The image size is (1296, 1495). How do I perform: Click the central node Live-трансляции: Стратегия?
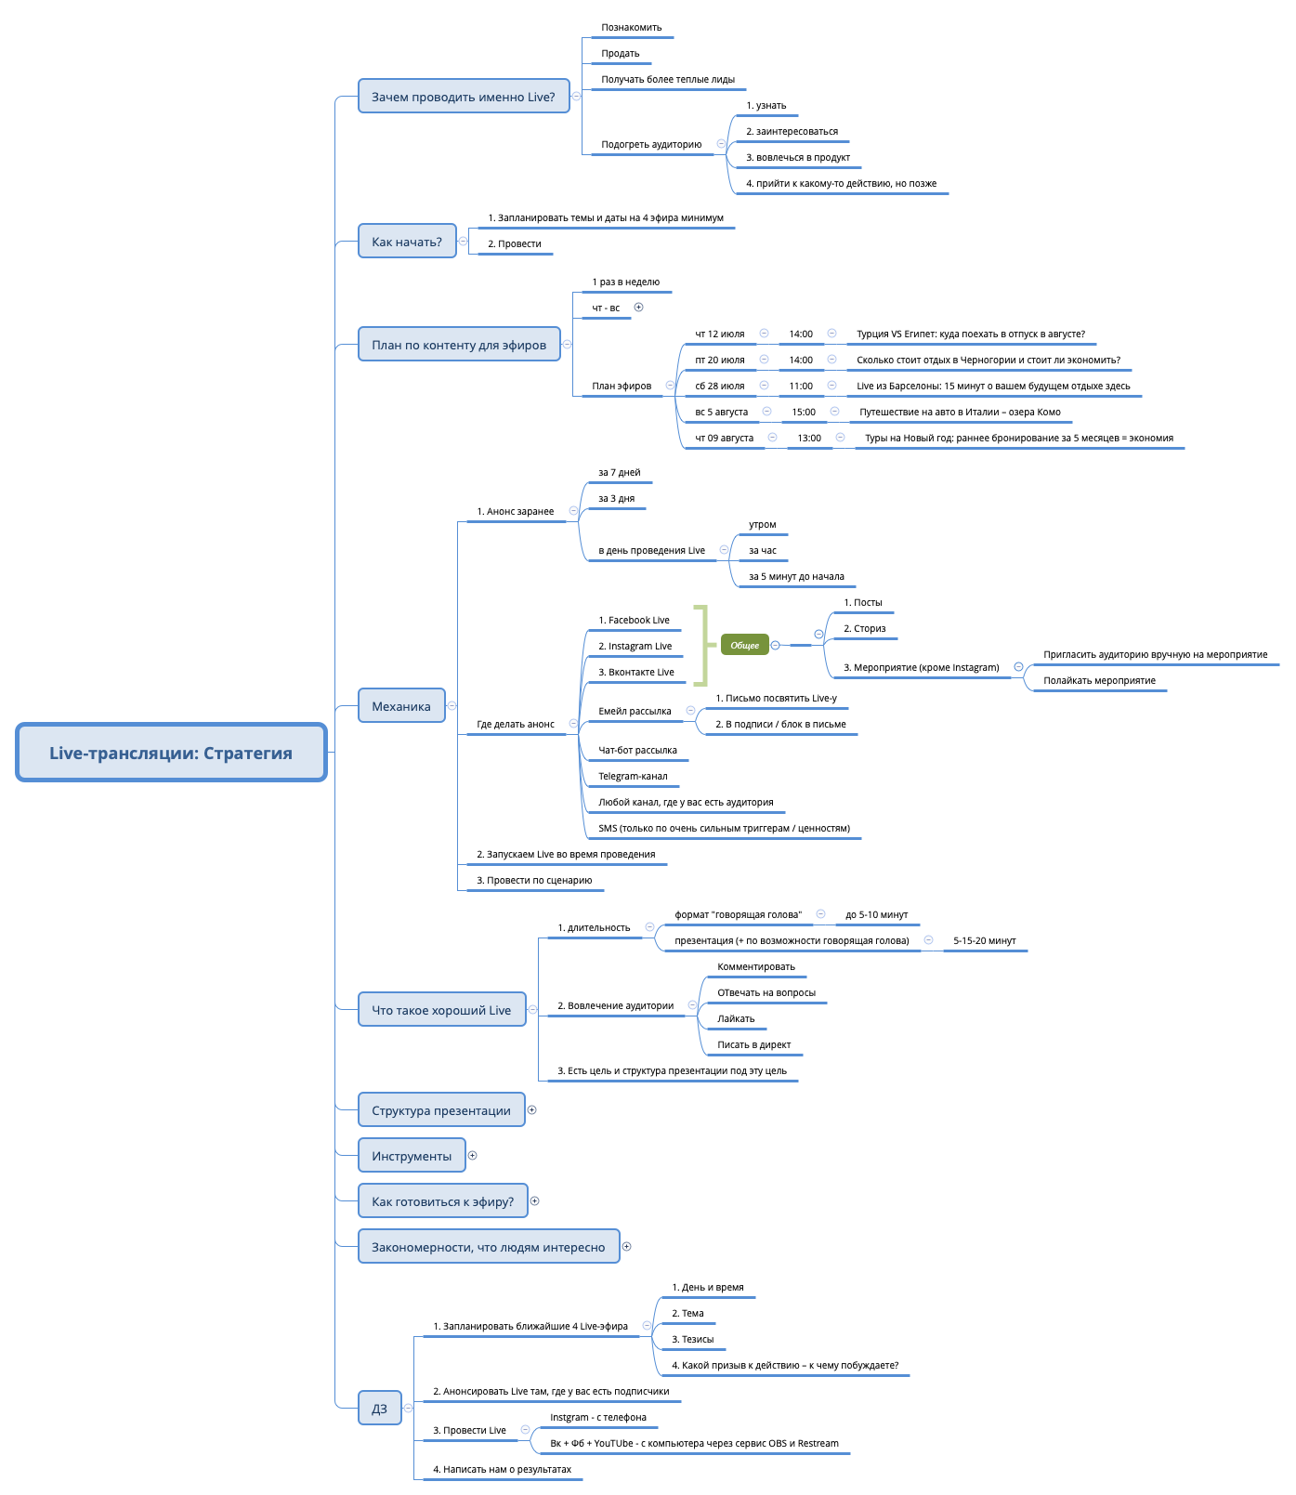point(171,753)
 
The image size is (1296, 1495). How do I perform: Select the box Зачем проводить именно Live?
point(464,97)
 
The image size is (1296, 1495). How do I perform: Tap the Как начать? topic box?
point(407,242)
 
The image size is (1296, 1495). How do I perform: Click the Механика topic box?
point(401,706)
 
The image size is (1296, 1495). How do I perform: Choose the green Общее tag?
point(744,645)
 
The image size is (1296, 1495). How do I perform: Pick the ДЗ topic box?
point(379,1409)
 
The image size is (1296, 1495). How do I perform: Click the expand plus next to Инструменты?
point(473,1156)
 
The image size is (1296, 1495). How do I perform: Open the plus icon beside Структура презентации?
point(532,1110)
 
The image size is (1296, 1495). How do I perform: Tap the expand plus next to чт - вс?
point(638,308)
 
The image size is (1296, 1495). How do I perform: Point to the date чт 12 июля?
point(720,334)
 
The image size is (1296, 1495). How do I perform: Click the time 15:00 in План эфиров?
point(804,413)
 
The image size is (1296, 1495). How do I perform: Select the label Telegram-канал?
point(633,777)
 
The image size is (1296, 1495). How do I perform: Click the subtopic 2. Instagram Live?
point(635,647)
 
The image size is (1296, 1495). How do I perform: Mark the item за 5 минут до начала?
point(796,577)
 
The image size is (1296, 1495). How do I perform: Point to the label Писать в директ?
point(753,1045)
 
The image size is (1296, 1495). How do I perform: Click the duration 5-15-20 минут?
point(984,941)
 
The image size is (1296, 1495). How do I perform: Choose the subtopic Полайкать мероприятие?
point(1099,681)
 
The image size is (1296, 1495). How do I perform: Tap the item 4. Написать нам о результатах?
point(502,1470)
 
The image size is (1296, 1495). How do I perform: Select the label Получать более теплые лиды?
point(667,80)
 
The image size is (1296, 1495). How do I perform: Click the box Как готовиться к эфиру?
point(442,1201)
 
